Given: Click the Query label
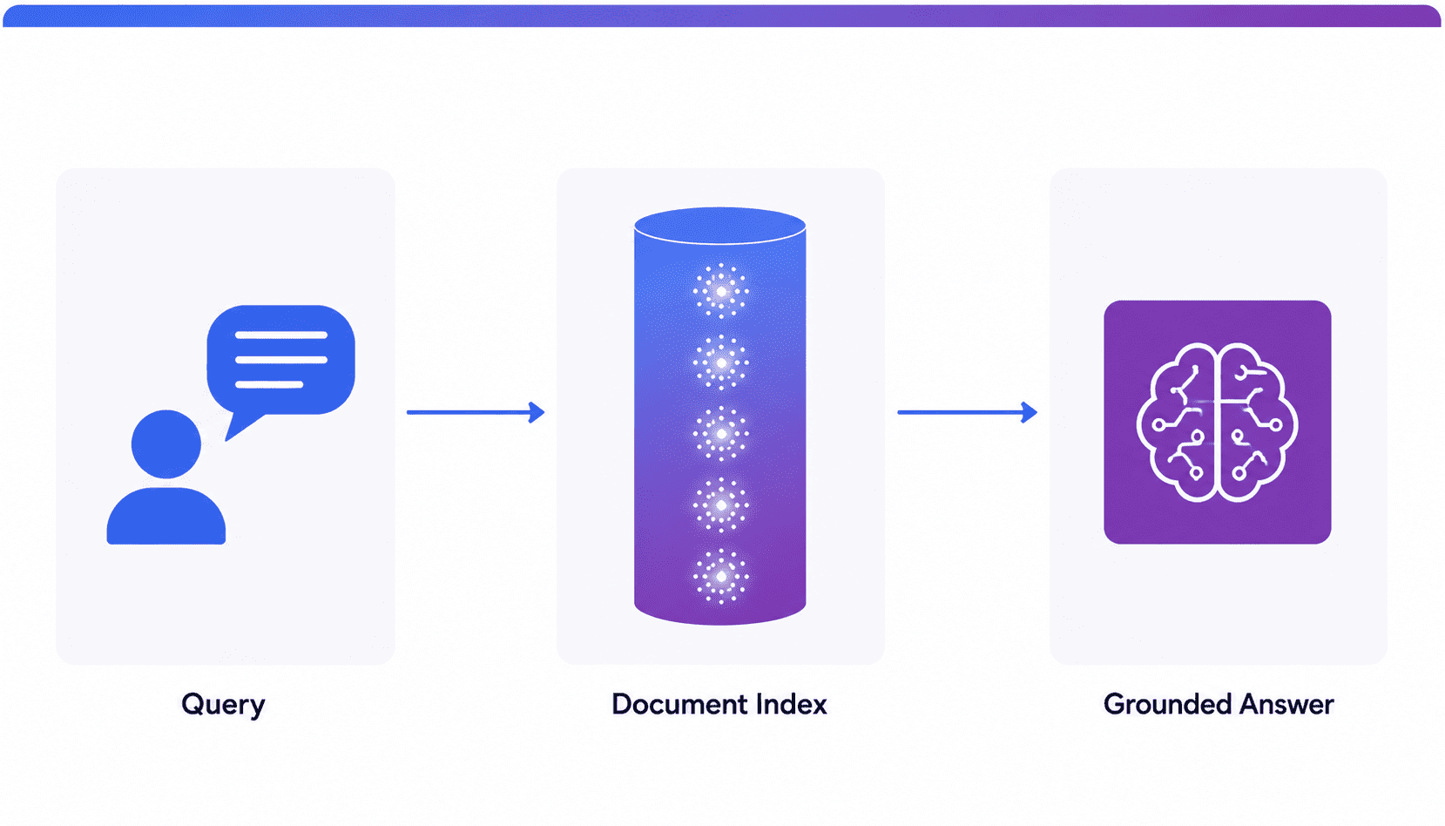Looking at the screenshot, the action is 223,705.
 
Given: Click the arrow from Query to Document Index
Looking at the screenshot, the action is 476,412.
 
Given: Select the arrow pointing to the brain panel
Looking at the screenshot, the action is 968,412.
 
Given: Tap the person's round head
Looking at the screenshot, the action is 166,444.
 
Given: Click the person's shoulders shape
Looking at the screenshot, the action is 166,516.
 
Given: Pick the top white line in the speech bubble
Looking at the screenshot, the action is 281,335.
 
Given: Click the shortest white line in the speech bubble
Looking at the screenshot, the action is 269,384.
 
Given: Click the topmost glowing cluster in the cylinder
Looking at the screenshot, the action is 721,292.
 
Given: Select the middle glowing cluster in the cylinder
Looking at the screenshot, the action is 721,434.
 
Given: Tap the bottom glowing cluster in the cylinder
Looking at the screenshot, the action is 721,576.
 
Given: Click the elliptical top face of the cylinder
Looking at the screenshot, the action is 720,226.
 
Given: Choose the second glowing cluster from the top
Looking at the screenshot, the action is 721,362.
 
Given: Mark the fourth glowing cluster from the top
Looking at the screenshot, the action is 721,505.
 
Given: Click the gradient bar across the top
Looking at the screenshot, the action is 722,16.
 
